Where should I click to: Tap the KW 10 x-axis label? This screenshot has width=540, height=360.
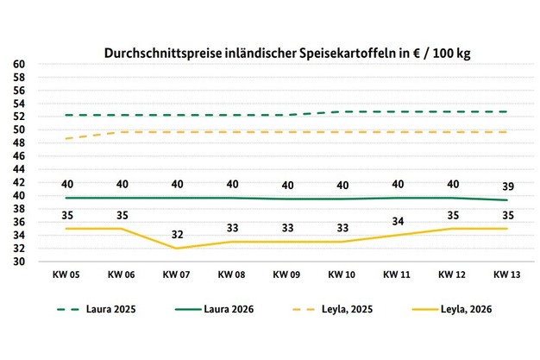pos(343,275)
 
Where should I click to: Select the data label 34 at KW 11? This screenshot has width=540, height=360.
pos(397,221)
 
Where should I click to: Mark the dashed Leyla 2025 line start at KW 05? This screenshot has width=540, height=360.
pos(66,138)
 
